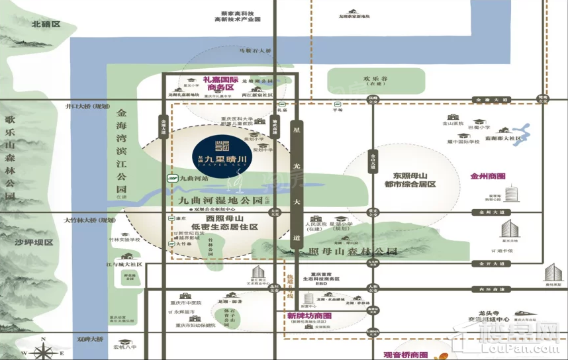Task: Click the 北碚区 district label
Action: (46, 24)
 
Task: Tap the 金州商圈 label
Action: (488, 177)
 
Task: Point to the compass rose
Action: (44, 347)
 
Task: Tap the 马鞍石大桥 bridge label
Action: (255, 50)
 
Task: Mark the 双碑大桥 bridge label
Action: (90, 339)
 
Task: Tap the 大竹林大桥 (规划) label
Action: (89, 220)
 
